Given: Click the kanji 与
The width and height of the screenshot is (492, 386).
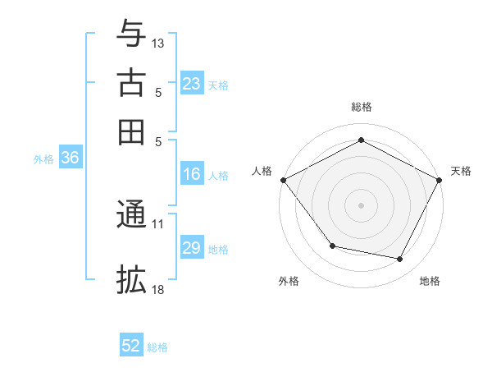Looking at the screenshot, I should (131, 34).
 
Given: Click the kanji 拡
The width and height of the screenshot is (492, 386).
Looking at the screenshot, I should (131, 280).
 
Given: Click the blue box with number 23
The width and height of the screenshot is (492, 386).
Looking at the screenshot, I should (192, 84).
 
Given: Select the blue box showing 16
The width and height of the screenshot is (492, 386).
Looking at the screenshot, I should (192, 174).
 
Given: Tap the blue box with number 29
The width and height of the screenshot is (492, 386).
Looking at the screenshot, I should (192, 248).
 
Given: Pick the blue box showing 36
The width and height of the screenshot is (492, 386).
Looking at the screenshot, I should (70, 159).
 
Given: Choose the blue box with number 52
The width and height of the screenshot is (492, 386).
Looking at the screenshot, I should (131, 346).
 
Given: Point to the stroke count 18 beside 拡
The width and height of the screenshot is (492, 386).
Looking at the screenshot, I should (158, 290).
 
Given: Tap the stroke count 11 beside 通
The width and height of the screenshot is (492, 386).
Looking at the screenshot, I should (158, 223).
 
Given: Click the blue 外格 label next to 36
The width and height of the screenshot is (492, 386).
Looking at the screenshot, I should (43, 159).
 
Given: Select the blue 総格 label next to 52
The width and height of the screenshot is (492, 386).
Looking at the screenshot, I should (157, 347).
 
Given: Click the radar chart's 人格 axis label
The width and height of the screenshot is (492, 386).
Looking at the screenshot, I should (262, 171).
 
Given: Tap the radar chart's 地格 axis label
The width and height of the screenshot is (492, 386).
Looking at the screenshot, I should (430, 281).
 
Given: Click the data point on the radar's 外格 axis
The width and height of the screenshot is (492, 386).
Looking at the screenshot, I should (332, 246).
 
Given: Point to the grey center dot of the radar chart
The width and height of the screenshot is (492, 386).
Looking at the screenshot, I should (361, 204).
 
